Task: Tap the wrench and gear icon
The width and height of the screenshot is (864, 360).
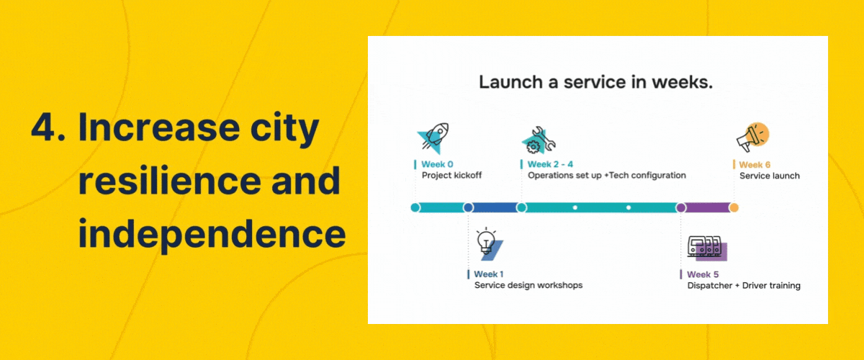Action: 539,141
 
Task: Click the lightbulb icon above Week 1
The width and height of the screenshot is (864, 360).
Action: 488,243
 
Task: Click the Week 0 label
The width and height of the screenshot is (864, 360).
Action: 437,164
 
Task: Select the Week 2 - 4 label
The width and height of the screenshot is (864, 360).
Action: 550,164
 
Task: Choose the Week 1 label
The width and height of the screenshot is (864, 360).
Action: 489,274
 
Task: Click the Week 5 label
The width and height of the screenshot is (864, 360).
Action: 702,274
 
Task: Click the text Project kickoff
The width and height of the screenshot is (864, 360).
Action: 451,176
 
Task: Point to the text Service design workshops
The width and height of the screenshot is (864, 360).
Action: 528,286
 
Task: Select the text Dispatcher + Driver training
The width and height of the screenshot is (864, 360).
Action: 743,286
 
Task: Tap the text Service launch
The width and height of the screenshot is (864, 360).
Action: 769,176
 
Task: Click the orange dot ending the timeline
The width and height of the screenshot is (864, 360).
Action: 734,208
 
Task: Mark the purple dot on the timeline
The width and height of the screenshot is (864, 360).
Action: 680,208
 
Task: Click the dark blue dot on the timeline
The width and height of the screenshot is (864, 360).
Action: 468,208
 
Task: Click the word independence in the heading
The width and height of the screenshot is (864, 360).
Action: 211,234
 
